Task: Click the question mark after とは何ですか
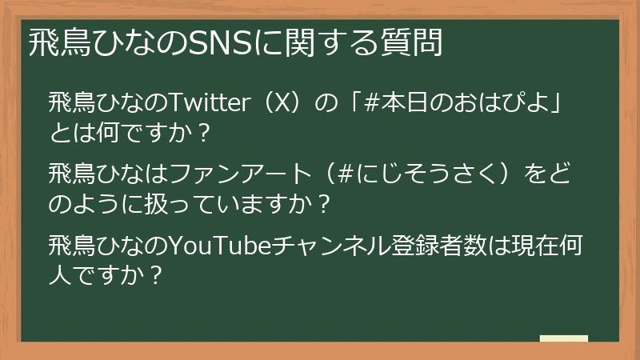pyautogui.click(x=202, y=131)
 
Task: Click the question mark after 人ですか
pyautogui.click(x=158, y=274)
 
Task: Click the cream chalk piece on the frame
pyautogui.click(x=563, y=339)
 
